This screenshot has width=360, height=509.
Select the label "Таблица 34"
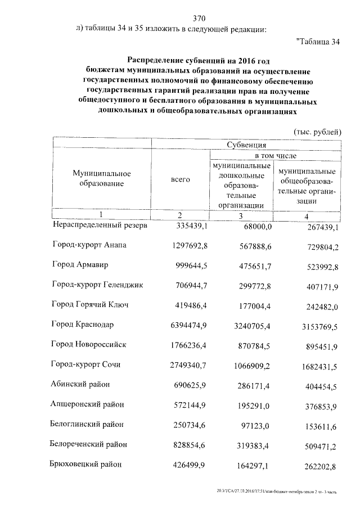(x=318, y=42)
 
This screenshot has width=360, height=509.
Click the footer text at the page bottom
(x=277, y=492)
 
